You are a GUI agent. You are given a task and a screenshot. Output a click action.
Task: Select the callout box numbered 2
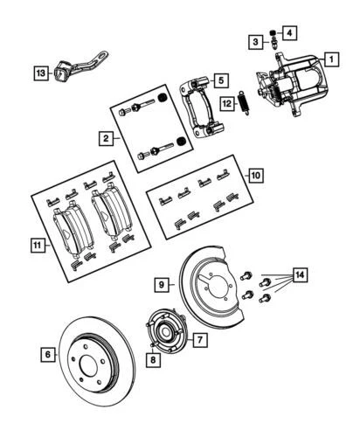[x=106, y=138]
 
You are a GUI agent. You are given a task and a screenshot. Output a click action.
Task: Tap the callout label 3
[x=255, y=41]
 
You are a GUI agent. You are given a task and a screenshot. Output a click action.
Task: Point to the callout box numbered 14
[x=300, y=276]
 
